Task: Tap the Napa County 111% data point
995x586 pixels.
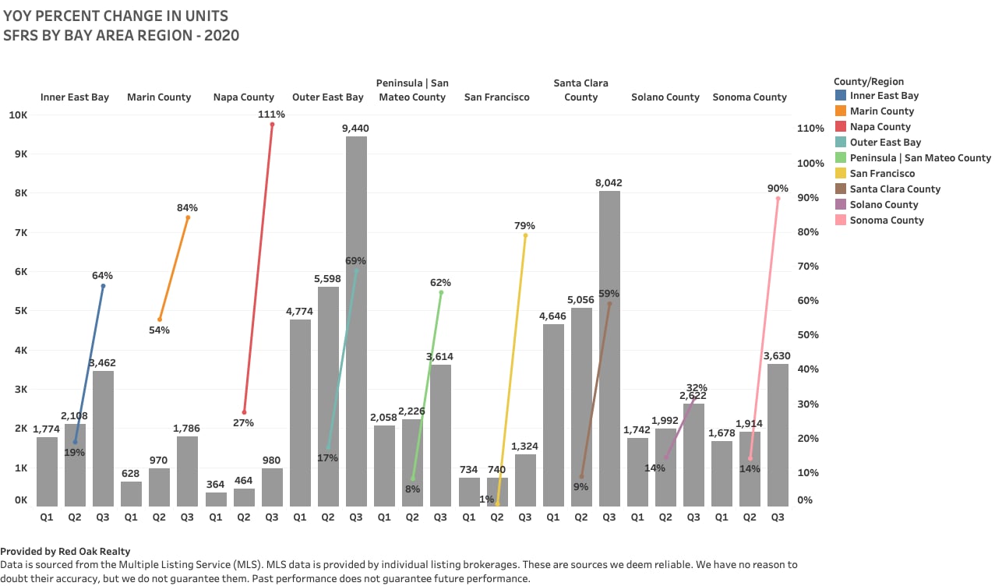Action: pos(272,124)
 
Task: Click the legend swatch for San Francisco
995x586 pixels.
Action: pos(840,174)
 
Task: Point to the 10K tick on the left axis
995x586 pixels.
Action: pos(18,115)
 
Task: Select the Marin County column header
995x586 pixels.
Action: pos(159,97)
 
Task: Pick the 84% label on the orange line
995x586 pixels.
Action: pos(187,208)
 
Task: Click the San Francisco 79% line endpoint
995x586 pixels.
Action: pos(525,235)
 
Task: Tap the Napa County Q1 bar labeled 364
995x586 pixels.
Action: pos(216,499)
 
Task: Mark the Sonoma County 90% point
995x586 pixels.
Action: pos(778,199)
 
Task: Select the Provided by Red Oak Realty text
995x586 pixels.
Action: pos(65,552)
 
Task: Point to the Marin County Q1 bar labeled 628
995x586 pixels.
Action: pos(131,493)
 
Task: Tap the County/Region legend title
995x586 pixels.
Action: pos(868,82)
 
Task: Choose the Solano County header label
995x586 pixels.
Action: pos(665,97)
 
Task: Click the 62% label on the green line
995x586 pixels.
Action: pos(440,283)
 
